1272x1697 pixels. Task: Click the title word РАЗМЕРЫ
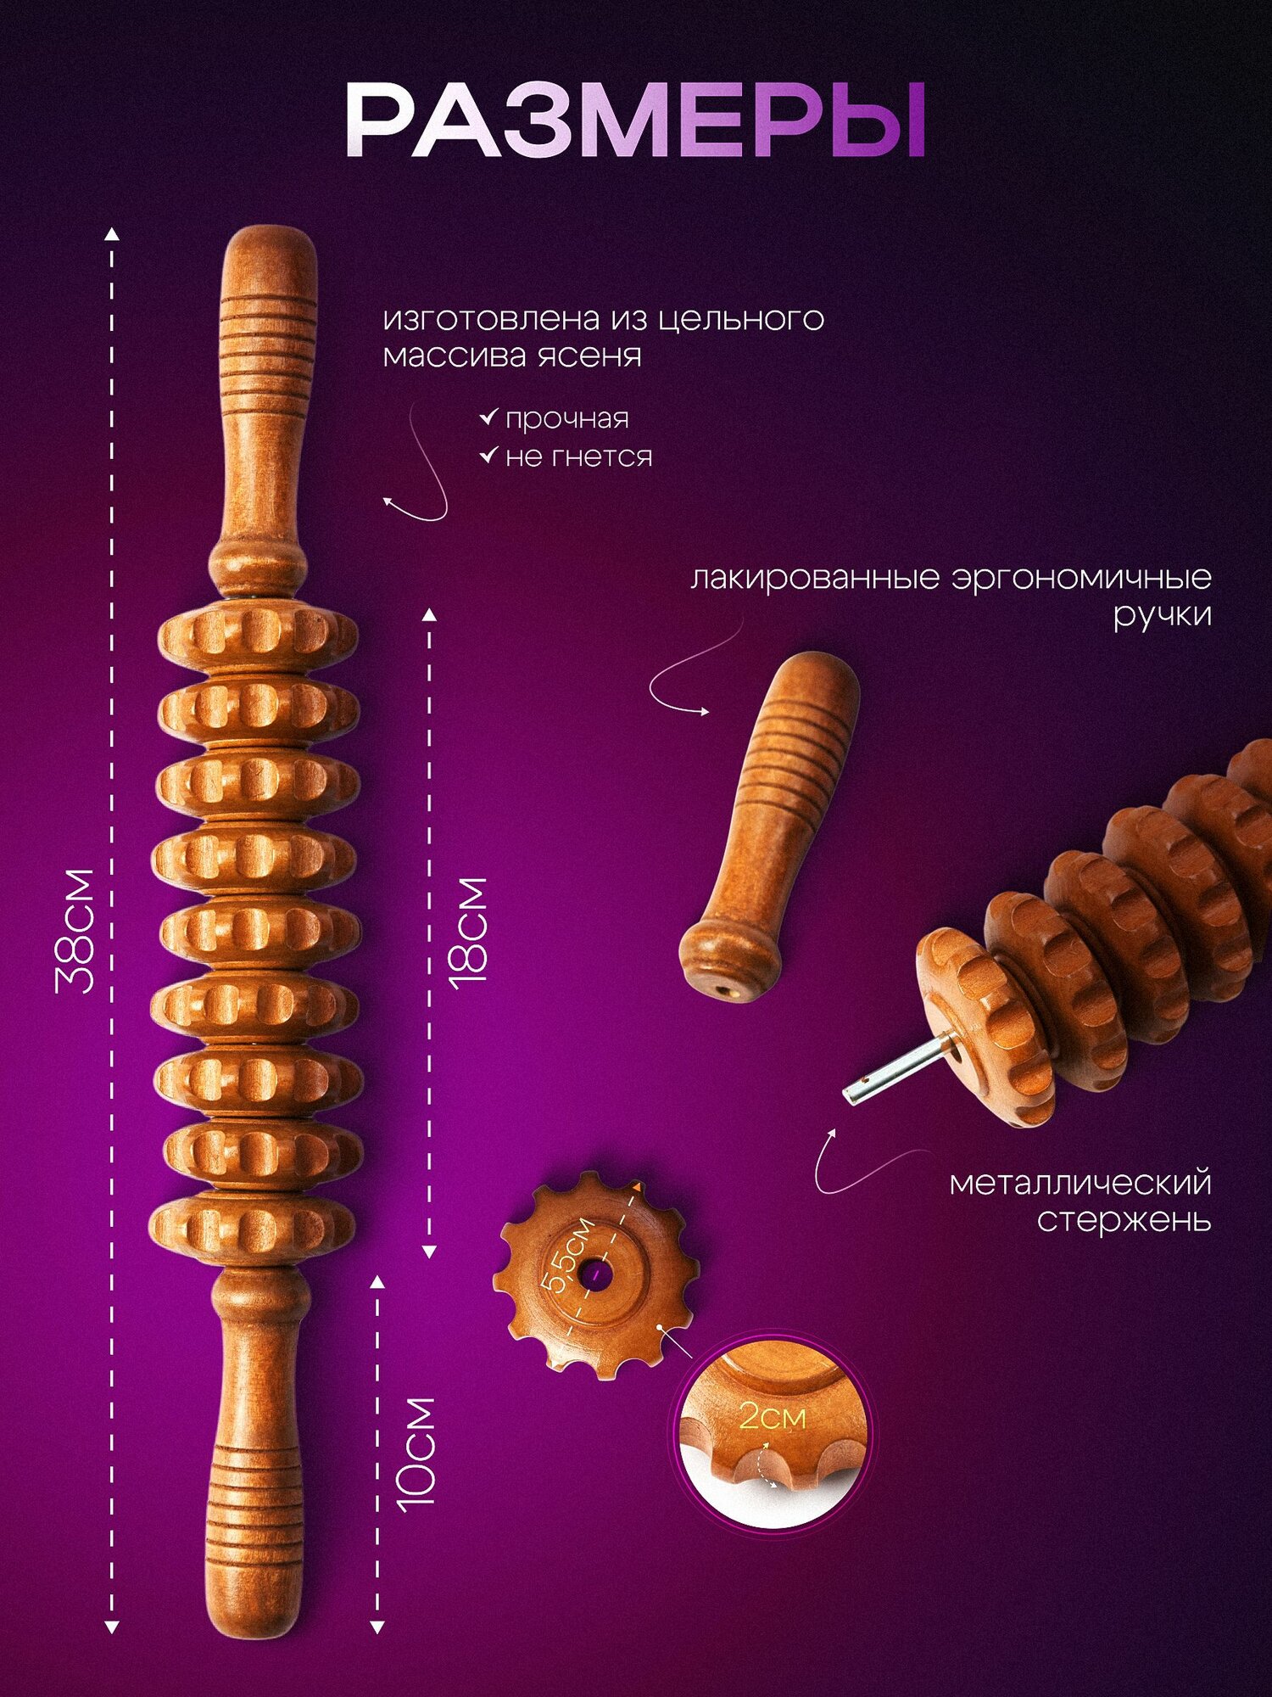tap(635, 120)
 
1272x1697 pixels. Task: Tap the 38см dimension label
tap(74, 931)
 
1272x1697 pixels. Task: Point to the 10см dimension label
tap(416, 1452)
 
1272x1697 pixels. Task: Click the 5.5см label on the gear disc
tap(569, 1255)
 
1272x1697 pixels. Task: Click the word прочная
tap(567, 419)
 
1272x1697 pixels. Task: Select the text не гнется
tap(579, 457)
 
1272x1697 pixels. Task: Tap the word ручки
tap(1162, 615)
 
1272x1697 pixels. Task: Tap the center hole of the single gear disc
tap(596, 1274)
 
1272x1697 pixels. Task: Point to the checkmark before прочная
tap(488, 417)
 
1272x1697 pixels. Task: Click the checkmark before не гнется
tap(488, 456)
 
